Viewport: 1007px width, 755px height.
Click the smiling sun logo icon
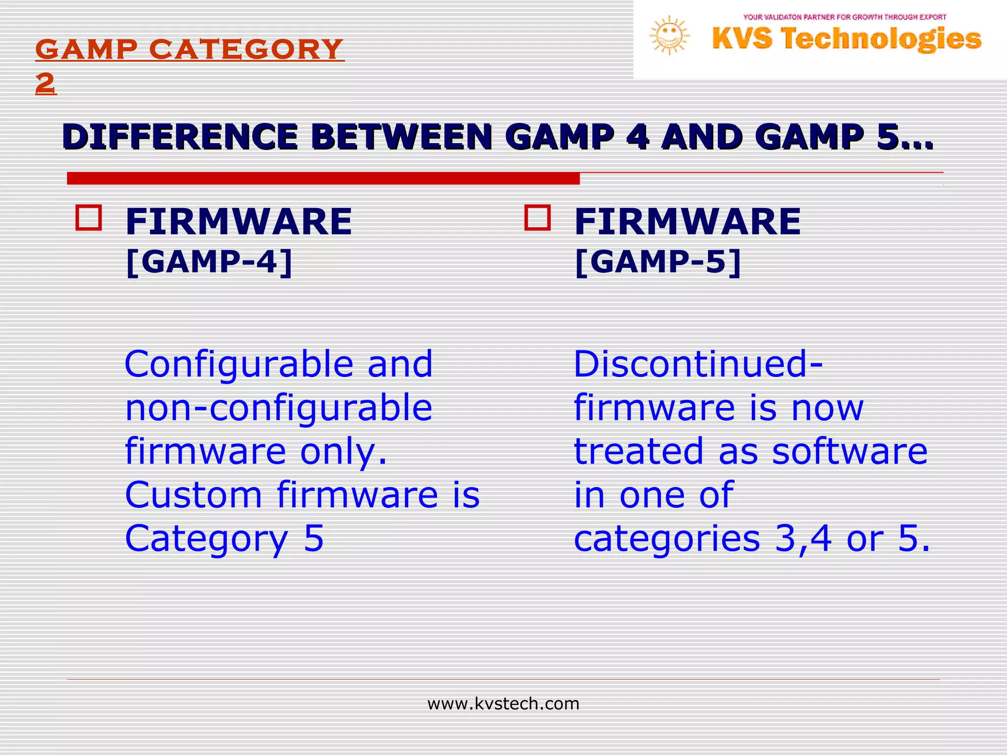click(x=669, y=35)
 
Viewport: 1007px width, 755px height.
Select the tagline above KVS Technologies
click(x=844, y=17)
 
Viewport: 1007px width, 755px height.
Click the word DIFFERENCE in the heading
click(x=180, y=137)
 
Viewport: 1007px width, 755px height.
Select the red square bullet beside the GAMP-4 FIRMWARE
click(x=89, y=218)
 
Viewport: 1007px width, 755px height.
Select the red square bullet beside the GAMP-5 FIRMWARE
click(x=537, y=218)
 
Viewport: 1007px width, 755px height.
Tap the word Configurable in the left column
click(x=239, y=365)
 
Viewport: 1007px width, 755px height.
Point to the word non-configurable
click(x=278, y=408)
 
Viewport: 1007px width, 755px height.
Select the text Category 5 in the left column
click(x=224, y=539)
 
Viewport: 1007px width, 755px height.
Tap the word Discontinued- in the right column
click(x=698, y=365)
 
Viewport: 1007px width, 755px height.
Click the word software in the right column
click(x=849, y=451)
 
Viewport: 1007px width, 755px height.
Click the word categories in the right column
click(x=667, y=539)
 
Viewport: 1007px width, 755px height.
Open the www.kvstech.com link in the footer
click(x=503, y=704)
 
